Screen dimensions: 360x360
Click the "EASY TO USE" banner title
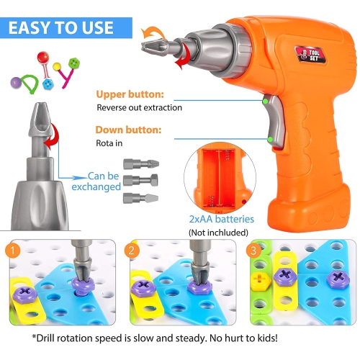click(x=61, y=27)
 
